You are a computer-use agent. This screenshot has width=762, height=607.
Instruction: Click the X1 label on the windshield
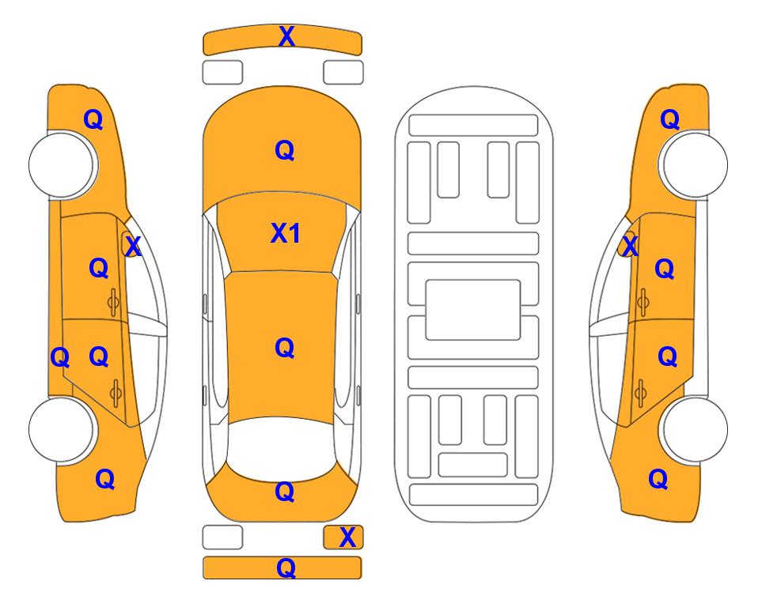tap(286, 233)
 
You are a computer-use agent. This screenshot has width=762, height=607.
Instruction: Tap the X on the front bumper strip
tap(286, 36)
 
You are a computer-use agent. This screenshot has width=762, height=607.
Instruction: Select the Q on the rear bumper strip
tap(286, 567)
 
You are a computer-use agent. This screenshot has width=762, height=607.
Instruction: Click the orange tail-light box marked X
tap(343, 537)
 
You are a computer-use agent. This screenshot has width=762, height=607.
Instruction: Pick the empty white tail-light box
tap(222, 537)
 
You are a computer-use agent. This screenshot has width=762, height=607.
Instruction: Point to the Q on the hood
tap(285, 150)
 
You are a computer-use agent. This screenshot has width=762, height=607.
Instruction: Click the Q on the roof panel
tap(285, 348)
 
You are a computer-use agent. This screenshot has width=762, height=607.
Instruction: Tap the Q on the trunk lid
tap(285, 492)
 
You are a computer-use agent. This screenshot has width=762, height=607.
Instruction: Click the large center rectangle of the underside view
tap(473, 310)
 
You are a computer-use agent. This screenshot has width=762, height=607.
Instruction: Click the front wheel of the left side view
tap(63, 164)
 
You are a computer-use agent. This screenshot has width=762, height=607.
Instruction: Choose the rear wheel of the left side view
tap(63, 429)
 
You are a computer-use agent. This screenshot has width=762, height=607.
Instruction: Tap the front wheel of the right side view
tap(693, 164)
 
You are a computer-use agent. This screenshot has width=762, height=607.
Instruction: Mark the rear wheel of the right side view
tap(693, 429)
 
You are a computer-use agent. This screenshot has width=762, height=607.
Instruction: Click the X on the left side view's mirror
tap(132, 247)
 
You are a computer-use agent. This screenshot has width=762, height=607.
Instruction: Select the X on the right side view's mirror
tap(630, 247)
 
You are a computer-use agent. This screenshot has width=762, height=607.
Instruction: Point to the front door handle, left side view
tap(114, 302)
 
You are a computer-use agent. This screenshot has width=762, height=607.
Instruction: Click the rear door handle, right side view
tap(641, 393)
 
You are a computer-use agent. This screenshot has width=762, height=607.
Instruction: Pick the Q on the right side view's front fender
tap(669, 119)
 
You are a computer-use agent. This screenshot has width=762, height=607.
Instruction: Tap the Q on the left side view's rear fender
tap(105, 479)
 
